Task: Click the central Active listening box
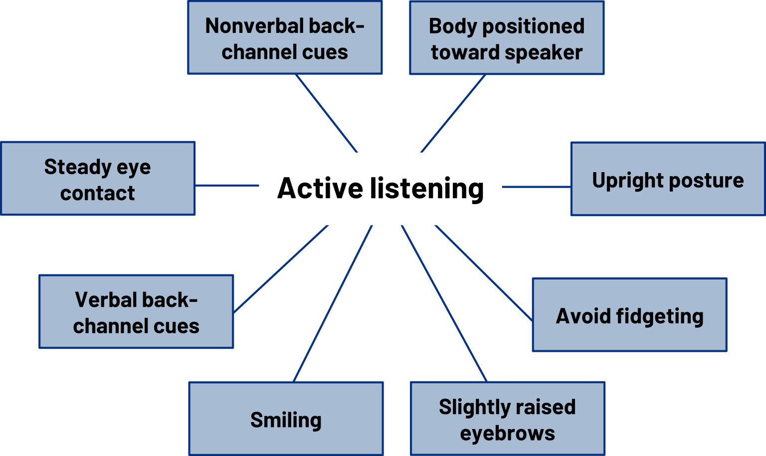[x=381, y=189]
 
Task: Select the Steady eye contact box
[x=98, y=179]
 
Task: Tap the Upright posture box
[x=667, y=179]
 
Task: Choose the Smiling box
[x=286, y=419]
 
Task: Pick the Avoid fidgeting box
[x=629, y=315]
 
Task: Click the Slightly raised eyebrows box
[x=507, y=419]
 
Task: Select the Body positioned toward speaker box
[x=507, y=38]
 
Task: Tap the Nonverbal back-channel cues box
[x=285, y=38]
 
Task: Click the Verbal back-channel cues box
[x=136, y=312]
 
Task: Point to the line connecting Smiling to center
[x=333, y=303]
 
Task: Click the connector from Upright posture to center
[x=537, y=187]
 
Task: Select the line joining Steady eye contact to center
[x=227, y=185]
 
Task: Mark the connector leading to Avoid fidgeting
[x=483, y=272]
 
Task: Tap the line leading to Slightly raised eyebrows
[x=444, y=303]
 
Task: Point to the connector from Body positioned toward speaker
[x=453, y=114]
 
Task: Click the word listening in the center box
[x=426, y=189]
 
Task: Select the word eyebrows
[x=507, y=433]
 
